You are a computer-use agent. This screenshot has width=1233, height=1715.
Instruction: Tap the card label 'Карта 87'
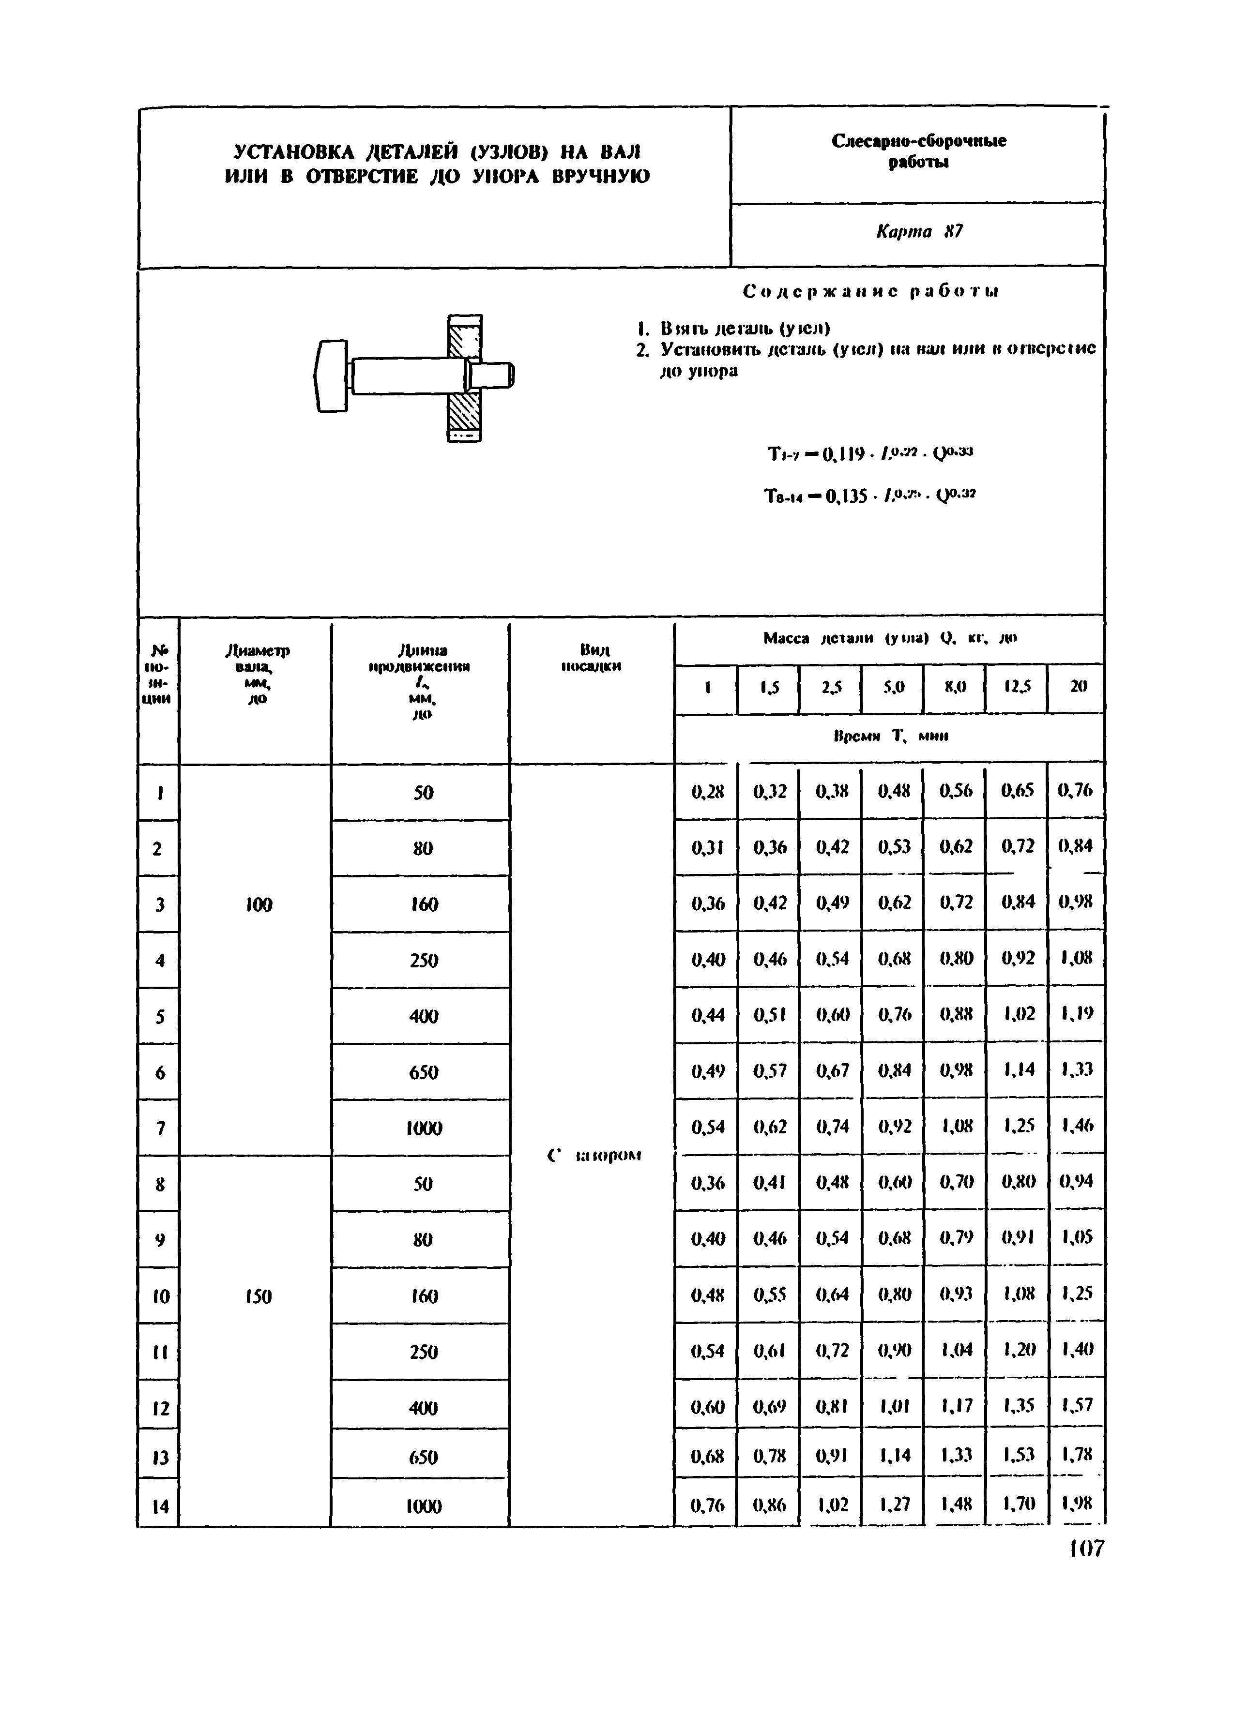[x=918, y=231]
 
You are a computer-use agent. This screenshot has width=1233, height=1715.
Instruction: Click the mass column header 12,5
[x=1017, y=687]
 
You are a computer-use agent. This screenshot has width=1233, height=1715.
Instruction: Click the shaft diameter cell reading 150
[x=258, y=1297]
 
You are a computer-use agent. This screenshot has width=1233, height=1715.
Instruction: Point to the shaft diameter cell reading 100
[x=258, y=904]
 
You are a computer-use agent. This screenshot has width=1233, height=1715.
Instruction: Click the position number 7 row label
[x=160, y=1128]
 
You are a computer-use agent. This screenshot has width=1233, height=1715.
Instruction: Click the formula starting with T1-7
[x=870, y=454]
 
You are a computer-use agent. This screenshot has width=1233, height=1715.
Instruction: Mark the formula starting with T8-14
[x=870, y=497]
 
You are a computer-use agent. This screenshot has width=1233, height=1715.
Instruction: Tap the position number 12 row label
[x=160, y=1408]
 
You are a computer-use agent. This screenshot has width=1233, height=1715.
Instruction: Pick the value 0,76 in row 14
[x=707, y=1505]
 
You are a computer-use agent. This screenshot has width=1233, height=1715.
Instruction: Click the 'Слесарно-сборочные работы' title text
[x=918, y=151]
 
